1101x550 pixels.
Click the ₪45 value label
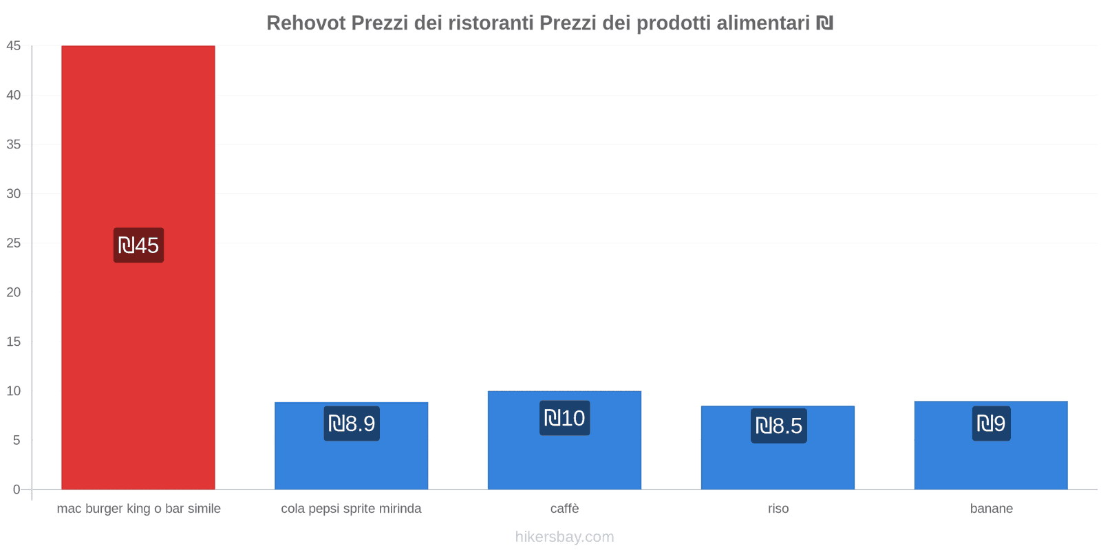[x=138, y=245]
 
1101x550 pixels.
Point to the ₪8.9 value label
[x=352, y=423]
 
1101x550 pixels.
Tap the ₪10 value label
[x=564, y=418]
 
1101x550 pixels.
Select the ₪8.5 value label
[x=778, y=426]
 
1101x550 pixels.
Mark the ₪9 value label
[x=991, y=423]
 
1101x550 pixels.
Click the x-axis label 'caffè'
[x=564, y=509]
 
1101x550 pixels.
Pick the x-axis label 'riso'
[x=778, y=509]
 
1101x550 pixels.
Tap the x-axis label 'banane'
[x=991, y=509]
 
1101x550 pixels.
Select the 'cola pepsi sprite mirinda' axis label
[x=351, y=509]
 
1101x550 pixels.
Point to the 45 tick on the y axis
[x=14, y=46]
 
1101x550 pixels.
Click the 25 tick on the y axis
[x=14, y=243]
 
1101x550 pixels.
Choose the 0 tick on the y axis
[x=17, y=489]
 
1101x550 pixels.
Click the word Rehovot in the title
[x=306, y=23]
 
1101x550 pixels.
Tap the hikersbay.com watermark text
[x=564, y=537]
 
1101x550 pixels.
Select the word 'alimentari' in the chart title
[x=763, y=23]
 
